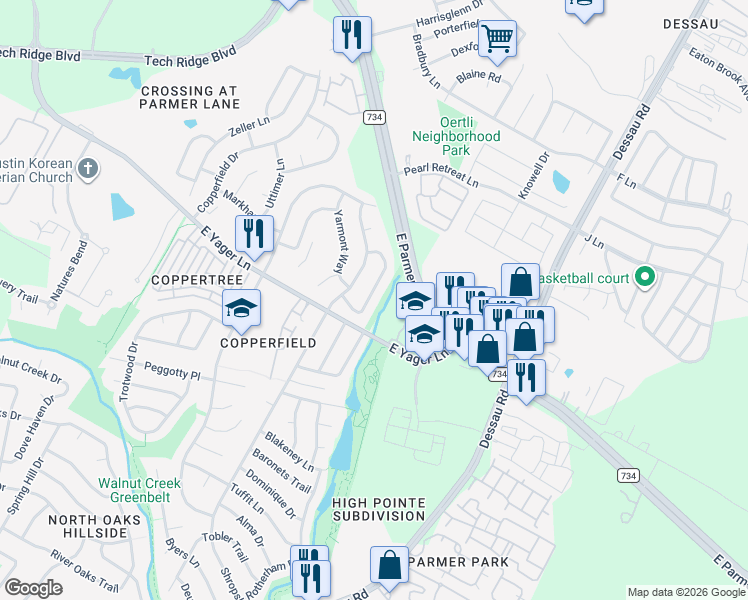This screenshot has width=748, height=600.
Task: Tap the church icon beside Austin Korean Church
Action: pos(88,169)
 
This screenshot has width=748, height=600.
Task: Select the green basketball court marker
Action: pos(645,276)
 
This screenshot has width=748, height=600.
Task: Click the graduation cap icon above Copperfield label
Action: pos(241,309)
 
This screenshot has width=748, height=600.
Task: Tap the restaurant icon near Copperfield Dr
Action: pos(255,234)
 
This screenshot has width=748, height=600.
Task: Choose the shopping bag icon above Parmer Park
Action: pos(390,565)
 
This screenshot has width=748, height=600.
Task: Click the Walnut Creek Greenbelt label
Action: pos(139,490)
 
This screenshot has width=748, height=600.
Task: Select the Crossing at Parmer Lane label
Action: pos(190,97)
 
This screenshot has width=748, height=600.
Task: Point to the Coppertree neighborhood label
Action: pos(192,281)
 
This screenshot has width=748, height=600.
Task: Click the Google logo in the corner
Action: pos(33,588)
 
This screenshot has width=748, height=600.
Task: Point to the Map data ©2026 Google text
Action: pos(684,592)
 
